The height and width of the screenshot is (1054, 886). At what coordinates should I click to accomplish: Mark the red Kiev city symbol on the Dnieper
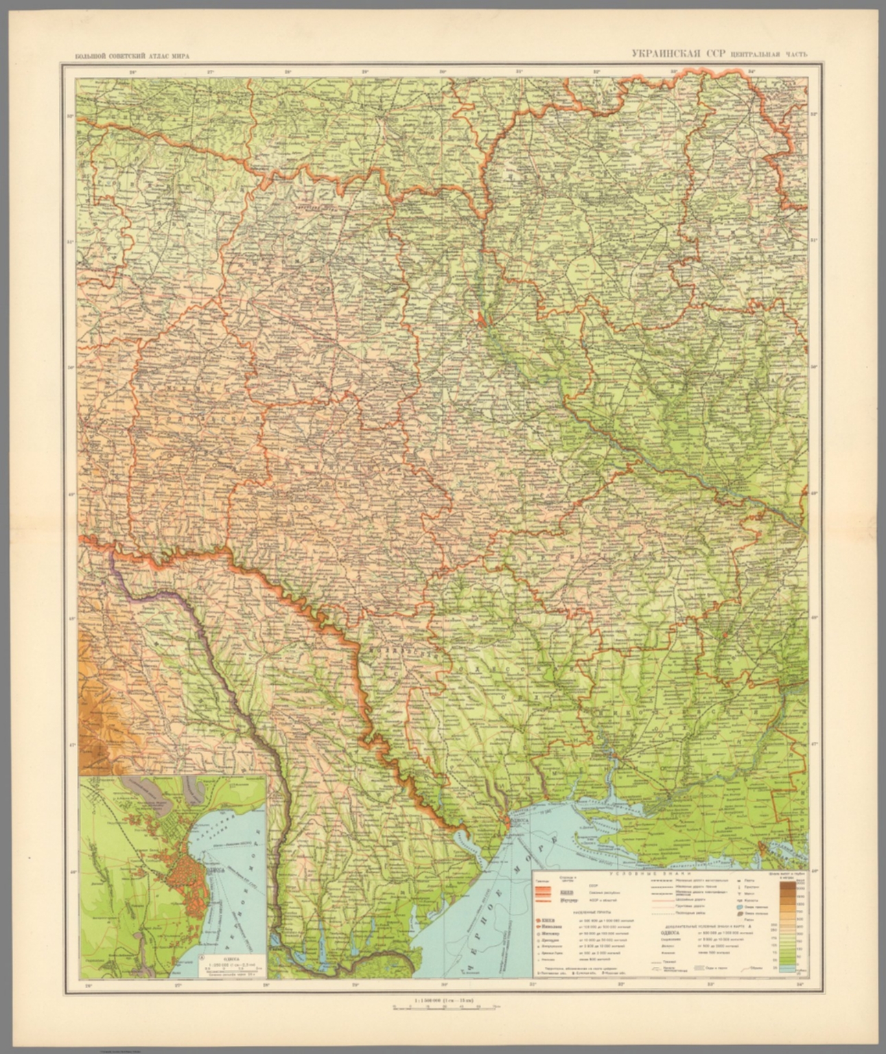point(482,318)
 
